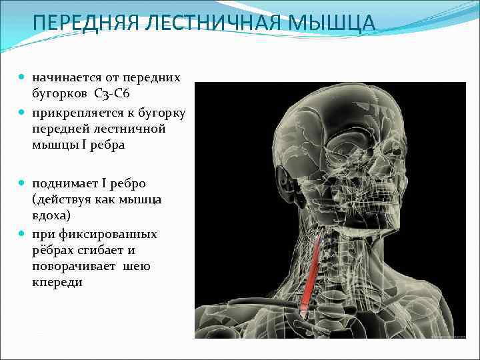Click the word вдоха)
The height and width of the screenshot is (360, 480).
pyautogui.click(x=51, y=216)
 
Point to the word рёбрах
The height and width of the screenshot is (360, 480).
pyautogui.click(x=53, y=251)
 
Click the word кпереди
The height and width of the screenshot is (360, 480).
pyautogui.click(x=57, y=283)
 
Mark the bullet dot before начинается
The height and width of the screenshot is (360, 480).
pyautogui.click(x=23, y=78)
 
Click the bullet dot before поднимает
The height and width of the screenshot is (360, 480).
pyautogui.click(x=23, y=183)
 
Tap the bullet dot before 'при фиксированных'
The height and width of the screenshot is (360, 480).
pyautogui.click(x=23, y=234)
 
